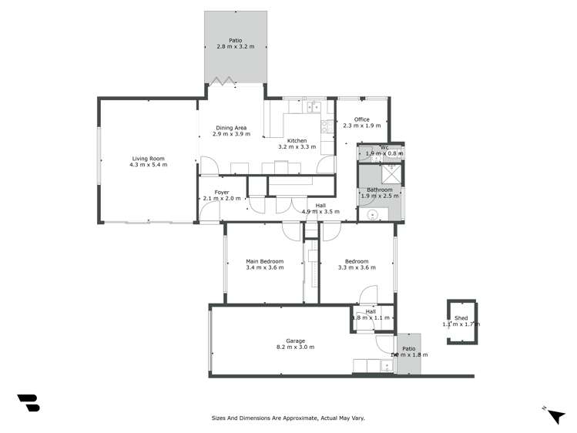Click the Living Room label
(x=148, y=159)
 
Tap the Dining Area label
(x=231, y=128)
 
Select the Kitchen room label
(x=297, y=140)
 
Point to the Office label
(x=362, y=119)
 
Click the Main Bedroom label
(x=264, y=261)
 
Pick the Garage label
(x=296, y=341)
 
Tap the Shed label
(x=461, y=318)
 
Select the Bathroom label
(x=379, y=190)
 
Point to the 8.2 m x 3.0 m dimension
(x=296, y=347)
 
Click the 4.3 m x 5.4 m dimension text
(x=148, y=165)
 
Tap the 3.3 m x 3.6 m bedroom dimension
(x=357, y=268)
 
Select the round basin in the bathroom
(x=372, y=215)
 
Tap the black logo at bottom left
(x=29, y=402)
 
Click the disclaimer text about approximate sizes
(x=288, y=418)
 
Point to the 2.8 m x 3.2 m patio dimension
(x=236, y=47)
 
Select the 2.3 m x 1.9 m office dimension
(x=362, y=126)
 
